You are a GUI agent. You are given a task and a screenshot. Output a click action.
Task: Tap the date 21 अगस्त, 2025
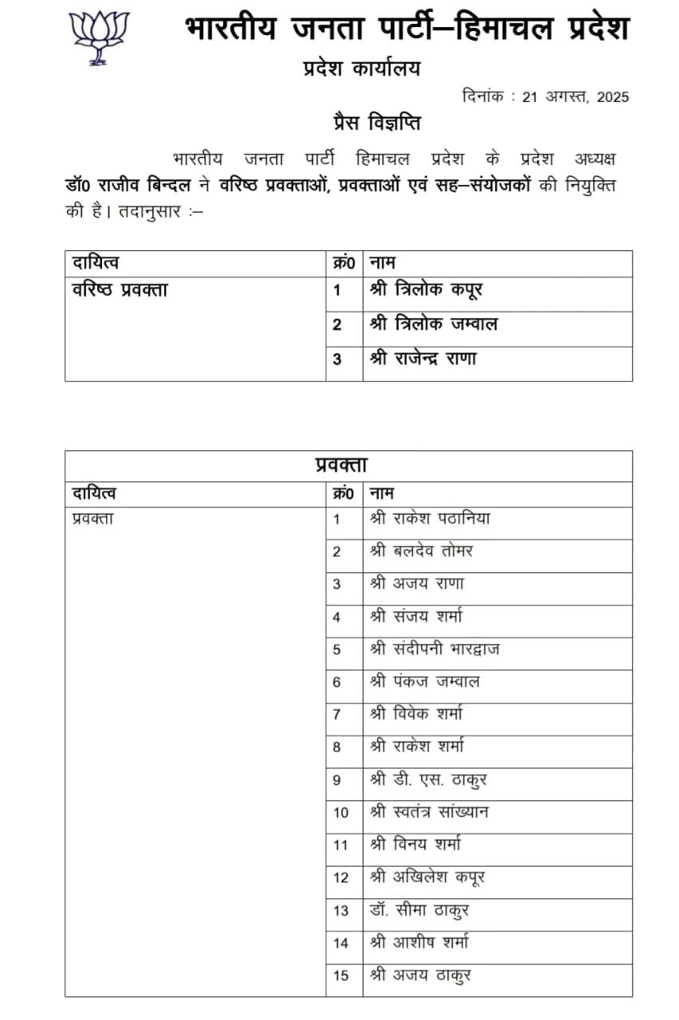click(x=575, y=97)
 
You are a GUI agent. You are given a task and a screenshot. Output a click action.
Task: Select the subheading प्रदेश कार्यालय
click(x=361, y=69)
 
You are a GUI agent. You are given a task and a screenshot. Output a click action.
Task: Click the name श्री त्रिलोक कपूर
click(x=426, y=290)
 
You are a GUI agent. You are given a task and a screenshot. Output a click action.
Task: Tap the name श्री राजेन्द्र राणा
click(x=423, y=359)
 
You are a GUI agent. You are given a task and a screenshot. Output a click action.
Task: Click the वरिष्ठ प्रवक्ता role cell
click(x=120, y=290)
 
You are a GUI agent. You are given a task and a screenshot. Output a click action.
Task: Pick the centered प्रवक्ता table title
click(x=341, y=465)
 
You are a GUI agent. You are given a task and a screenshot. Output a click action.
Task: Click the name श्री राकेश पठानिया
click(x=430, y=519)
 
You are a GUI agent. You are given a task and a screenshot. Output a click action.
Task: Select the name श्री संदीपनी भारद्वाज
click(x=435, y=649)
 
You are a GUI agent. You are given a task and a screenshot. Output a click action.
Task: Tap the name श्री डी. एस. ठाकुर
click(x=429, y=779)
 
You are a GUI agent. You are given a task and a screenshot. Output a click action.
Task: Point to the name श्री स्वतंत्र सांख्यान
click(x=430, y=812)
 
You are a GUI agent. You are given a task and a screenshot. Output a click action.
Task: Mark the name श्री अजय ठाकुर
click(x=425, y=975)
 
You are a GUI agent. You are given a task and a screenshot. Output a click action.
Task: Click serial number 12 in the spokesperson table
click(x=341, y=877)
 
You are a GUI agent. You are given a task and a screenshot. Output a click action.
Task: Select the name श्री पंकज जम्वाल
click(x=425, y=681)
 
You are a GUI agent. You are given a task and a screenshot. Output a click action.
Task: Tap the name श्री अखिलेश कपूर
click(x=428, y=877)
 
